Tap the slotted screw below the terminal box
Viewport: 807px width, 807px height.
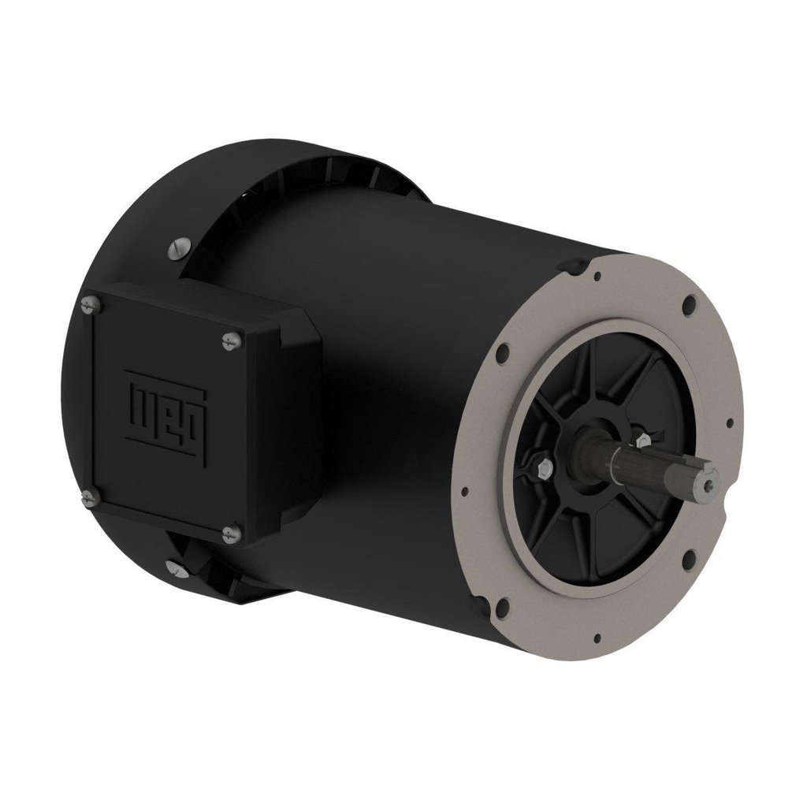(x=174, y=566)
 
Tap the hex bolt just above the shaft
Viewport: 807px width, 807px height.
(x=642, y=439)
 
